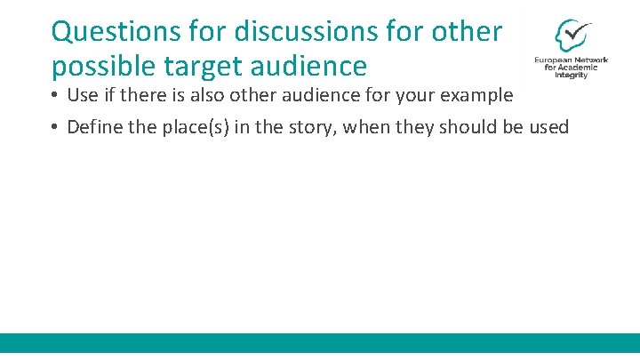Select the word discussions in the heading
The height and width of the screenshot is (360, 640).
(x=288, y=32)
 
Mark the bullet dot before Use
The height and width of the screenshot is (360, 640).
(x=55, y=96)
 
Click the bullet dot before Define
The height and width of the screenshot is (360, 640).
(x=55, y=127)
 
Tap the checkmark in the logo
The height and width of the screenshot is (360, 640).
(x=576, y=32)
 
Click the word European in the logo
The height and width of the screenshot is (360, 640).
(x=554, y=60)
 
